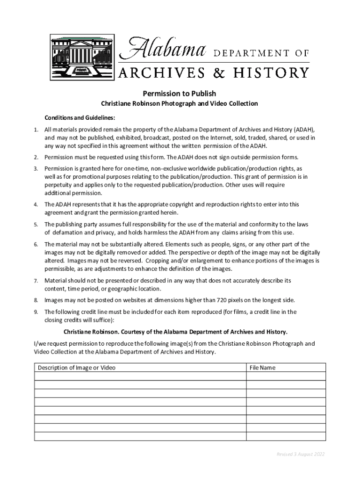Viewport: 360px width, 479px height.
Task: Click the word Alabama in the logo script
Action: click(164, 48)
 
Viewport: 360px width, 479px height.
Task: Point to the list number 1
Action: click(36, 129)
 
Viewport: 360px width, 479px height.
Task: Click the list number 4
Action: click(36, 204)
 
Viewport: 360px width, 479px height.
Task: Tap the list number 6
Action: click(36, 244)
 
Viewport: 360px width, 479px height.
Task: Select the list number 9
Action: click(36, 312)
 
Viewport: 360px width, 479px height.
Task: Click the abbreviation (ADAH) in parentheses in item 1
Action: click(304, 129)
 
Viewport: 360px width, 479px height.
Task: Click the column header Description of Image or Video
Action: click(77, 368)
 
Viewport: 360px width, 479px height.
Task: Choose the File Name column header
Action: click(262, 368)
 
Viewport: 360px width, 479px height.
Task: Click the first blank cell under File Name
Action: click(286, 376)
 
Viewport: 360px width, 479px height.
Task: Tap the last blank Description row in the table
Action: click(140, 436)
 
